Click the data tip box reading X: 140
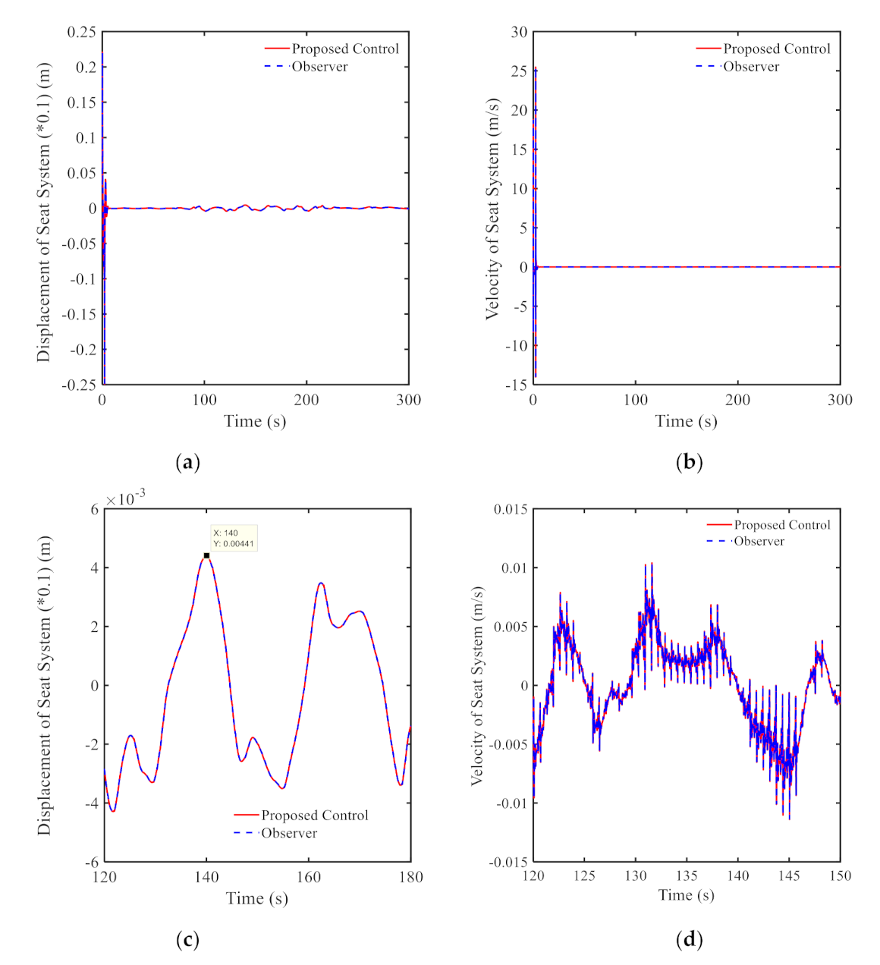(234, 538)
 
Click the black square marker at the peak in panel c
(206, 555)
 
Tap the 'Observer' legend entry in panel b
(750, 67)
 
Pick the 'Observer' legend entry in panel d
(758, 541)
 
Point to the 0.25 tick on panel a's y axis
(82, 32)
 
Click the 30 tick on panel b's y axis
(519, 32)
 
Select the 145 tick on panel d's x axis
(789, 876)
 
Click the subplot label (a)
(187, 462)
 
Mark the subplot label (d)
(689, 940)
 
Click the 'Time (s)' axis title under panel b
(686, 421)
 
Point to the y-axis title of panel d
(477, 685)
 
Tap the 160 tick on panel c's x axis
(308, 877)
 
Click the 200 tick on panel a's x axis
(306, 400)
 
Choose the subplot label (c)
(187, 940)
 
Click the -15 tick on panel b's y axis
(517, 385)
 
